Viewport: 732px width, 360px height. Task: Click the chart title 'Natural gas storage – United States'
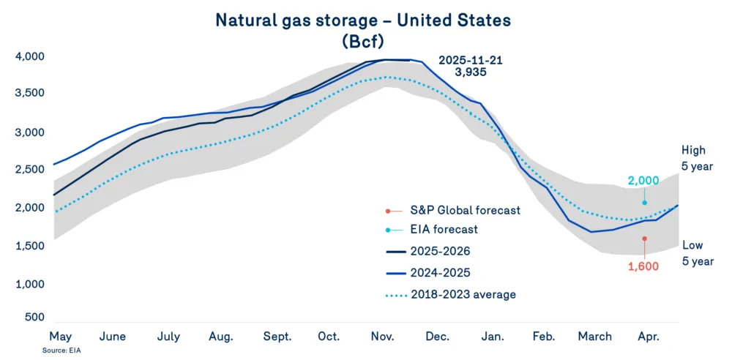(363, 20)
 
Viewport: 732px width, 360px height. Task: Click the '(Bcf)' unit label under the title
(364, 41)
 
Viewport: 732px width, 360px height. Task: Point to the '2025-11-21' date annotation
(471, 60)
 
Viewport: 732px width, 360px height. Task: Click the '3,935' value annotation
(471, 73)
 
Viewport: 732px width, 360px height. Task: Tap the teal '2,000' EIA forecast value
(643, 180)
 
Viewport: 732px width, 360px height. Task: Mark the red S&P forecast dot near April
(644, 239)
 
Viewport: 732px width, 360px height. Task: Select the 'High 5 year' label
(695, 157)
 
